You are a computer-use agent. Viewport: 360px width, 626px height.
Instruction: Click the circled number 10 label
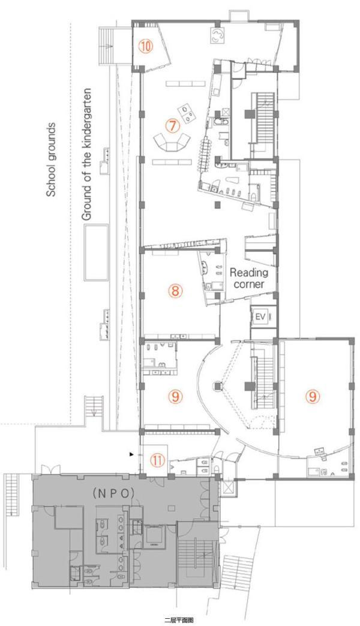pyautogui.click(x=145, y=46)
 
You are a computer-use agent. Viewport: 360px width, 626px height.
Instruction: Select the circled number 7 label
pyautogui.click(x=172, y=126)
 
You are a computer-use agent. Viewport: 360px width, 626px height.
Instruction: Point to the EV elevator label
pyautogui.click(x=260, y=317)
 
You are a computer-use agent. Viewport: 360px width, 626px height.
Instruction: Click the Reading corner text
pyautogui.click(x=248, y=278)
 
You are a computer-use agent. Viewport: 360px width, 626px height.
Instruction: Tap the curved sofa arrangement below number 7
pyautogui.click(x=172, y=142)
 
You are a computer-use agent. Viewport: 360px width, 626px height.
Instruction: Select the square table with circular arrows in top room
pyautogui.click(x=217, y=35)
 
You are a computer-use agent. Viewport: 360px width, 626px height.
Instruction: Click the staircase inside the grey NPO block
pyautogui.click(x=196, y=560)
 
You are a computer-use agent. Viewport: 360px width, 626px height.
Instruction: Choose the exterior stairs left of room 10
pyautogui.click(x=109, y=46)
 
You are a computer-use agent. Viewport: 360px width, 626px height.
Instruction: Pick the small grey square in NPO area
pyautogui.click(x=172, y=508)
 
